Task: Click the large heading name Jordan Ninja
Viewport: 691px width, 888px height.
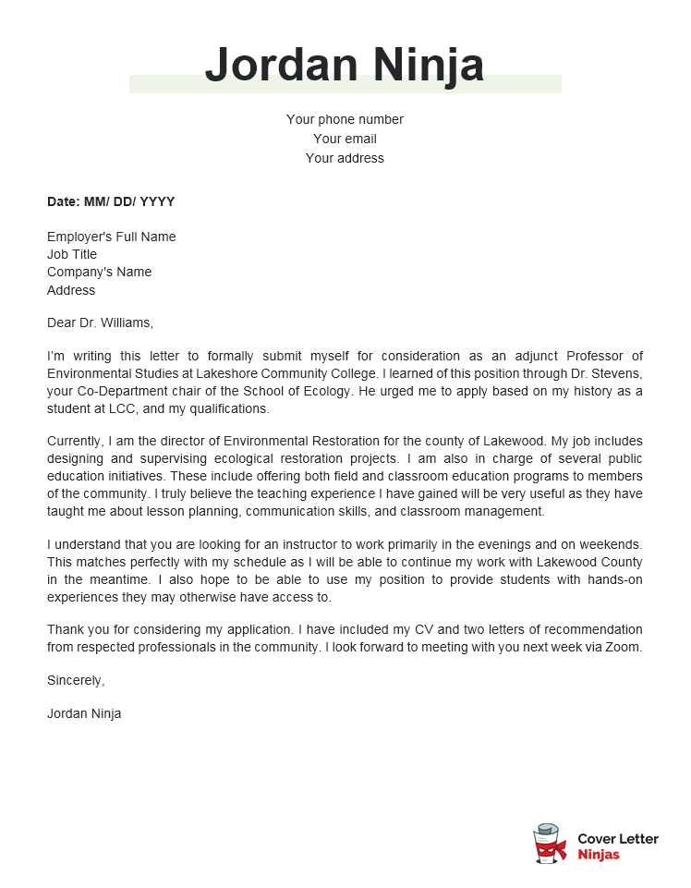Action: click(x=345, y=65)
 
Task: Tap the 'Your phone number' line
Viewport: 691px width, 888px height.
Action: click(x=345, y=119)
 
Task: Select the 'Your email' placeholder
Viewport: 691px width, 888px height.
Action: click(x=345, y=139)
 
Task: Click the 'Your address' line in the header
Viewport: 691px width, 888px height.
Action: click(x=345, y=158)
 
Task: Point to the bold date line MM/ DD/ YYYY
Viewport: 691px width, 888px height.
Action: click(x=111, y=201)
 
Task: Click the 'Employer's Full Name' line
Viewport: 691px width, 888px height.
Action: click(x=111, y=237)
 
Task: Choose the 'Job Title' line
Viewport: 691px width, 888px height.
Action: click(x=72, y=254)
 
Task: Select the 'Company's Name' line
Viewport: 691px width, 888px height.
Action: click(x=99, y=272)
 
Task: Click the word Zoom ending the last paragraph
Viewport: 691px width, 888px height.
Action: click(x=623, y=647)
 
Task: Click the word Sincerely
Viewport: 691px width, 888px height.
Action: click(x=76, y=680)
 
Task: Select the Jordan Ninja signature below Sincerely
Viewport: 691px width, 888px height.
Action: click(x=84, y=713)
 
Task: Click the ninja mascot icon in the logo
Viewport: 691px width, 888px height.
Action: click(x=550, y=845)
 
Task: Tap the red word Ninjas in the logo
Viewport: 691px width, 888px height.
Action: click(x=599, y=855)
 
